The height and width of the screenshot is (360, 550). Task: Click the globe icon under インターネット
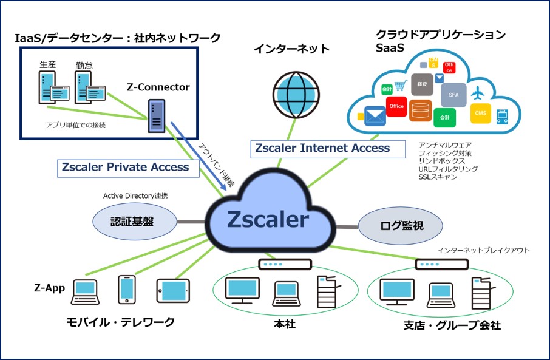point(295,91)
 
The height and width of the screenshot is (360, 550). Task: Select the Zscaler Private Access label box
point(128,168)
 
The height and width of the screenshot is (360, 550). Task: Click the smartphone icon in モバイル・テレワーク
point(127,290)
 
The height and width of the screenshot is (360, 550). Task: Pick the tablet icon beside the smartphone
point(173,291)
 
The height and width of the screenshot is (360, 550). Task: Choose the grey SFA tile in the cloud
point(453,95)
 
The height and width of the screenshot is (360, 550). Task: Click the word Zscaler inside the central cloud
point(268,220)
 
